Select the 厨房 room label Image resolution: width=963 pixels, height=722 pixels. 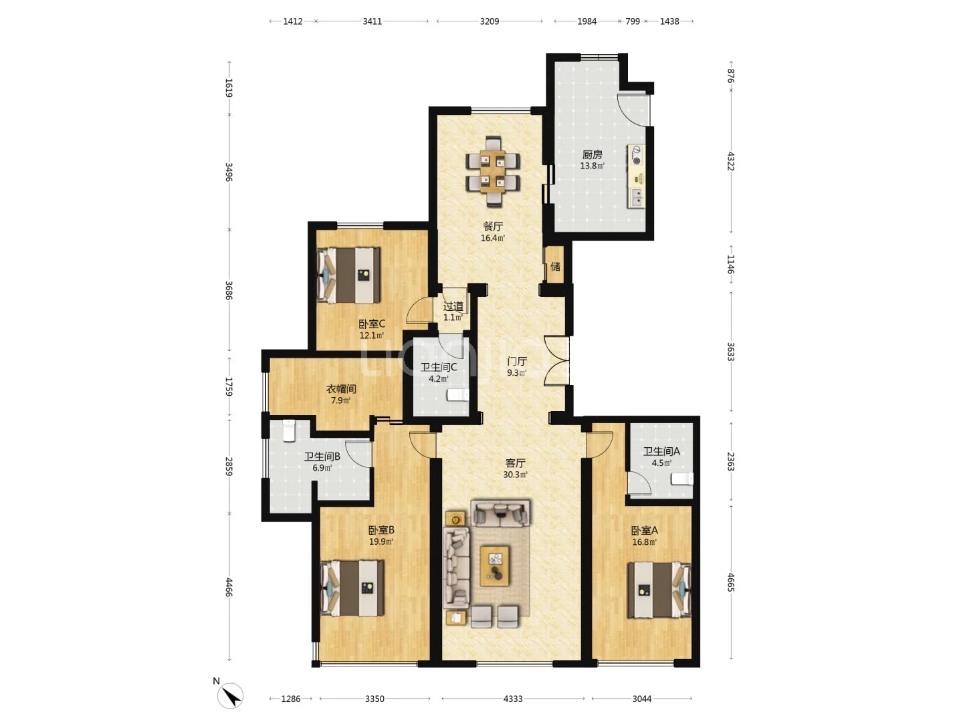(x=592, y=154)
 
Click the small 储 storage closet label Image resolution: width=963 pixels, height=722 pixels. (x=555, y=266)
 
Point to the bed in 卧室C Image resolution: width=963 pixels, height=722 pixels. (x=349, y=275)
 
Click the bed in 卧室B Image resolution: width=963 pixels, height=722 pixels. (x=352, y=588)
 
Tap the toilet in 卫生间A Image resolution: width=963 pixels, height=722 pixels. (x=682, y=479)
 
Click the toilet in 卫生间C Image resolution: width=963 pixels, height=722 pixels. (x=458, y=395)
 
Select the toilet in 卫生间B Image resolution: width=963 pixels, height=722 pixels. (x=289, y=431)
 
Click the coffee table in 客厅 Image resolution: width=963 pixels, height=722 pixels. (x=495, y=566)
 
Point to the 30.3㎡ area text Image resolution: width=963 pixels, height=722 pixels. (x=515, y=475)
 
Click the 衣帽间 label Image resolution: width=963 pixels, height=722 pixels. (x=341, y=389)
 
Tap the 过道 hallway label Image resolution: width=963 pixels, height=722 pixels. (x=453, y=306)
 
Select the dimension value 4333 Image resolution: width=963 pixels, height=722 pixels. (x=513, y=699)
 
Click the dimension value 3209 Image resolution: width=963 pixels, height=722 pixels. (x=489, y=21)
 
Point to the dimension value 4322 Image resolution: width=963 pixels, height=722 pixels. (x=731, y=161)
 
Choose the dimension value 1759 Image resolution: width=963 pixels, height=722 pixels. (x=229, y=386)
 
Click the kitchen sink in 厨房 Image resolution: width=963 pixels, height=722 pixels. (x=637, y=197)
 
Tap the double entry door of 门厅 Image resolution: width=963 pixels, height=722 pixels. (x=557, y=361)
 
